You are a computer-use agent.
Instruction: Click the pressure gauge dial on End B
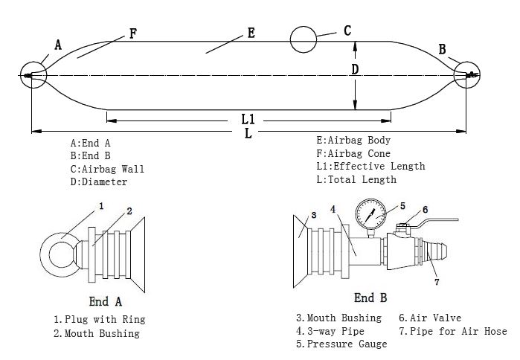tap(370, 216)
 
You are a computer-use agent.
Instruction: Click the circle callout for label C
tap(304, 39)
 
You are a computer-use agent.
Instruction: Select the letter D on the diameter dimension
tap(355, 69)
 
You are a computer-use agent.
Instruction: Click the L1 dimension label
tap(248, 119)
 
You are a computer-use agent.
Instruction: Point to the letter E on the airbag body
tap(251, 33)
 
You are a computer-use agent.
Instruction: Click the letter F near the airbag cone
tap(132, 33)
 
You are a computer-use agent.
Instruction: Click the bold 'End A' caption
tap(105, 301)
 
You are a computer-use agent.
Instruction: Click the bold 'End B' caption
tap(370, 298)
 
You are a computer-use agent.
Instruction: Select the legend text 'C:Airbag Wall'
tap(107, 169)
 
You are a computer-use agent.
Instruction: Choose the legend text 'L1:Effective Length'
tap(370, 166)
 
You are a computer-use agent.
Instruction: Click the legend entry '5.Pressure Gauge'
tap(341, 344)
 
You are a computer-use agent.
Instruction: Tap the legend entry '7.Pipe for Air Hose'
tap(453, 331)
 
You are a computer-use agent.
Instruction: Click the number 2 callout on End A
tap(129, 211)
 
